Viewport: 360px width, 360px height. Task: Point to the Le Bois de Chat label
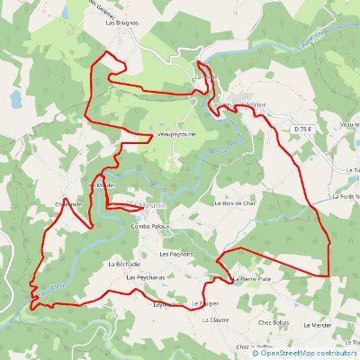[236, 203]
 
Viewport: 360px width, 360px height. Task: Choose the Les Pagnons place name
[177, 255]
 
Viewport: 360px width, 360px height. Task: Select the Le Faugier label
[206, 304]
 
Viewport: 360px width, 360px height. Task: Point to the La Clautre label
[215, 319]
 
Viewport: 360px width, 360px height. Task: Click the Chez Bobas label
[273, 321]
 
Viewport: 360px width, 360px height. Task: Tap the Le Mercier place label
[318, 324]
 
